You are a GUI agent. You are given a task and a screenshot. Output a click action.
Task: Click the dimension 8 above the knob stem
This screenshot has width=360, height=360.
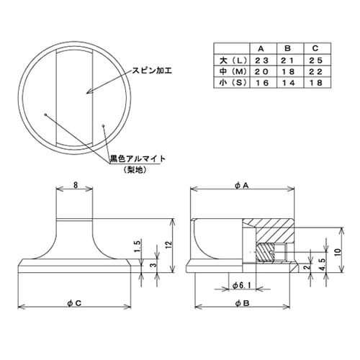[76, 184]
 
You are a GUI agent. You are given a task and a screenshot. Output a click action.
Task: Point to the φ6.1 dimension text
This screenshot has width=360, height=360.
[245, 286]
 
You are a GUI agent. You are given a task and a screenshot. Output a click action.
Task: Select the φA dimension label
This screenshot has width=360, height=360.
[241, 185]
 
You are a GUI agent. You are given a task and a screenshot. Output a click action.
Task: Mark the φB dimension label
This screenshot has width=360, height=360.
[241, 302]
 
